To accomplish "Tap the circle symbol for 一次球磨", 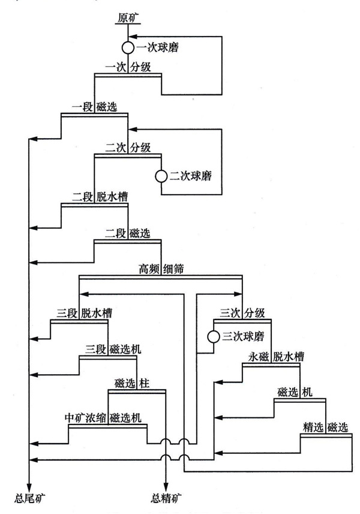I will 128,47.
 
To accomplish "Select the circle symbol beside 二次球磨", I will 161,177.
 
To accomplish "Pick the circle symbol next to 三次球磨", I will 213,336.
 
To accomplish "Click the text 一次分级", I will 128,67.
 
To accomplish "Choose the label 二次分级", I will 128,147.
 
